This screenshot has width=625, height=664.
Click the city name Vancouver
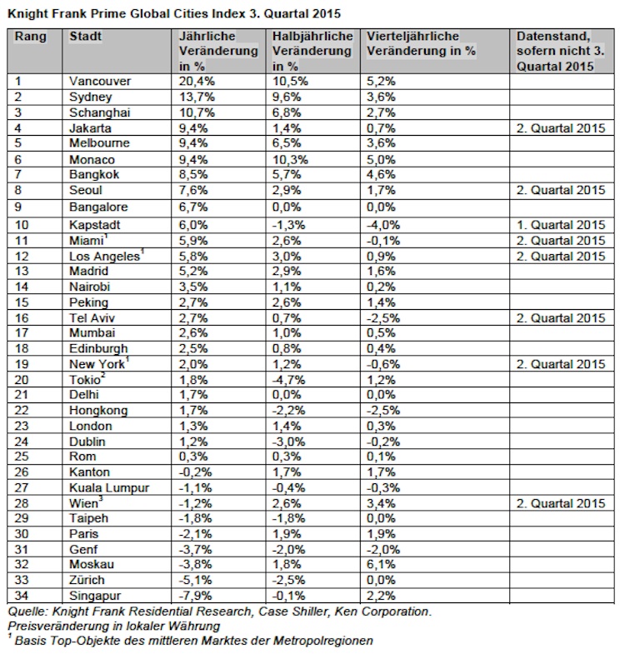[98, 82]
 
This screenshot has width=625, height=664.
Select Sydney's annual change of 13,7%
[196, 97]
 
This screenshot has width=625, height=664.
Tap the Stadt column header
[85, 37]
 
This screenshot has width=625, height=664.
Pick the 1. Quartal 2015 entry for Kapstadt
[560, 225]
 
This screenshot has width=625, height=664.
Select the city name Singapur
[96, 595]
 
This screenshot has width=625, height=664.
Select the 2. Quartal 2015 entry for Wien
[560, 503]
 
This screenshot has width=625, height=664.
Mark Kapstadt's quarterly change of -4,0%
[383, 225]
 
